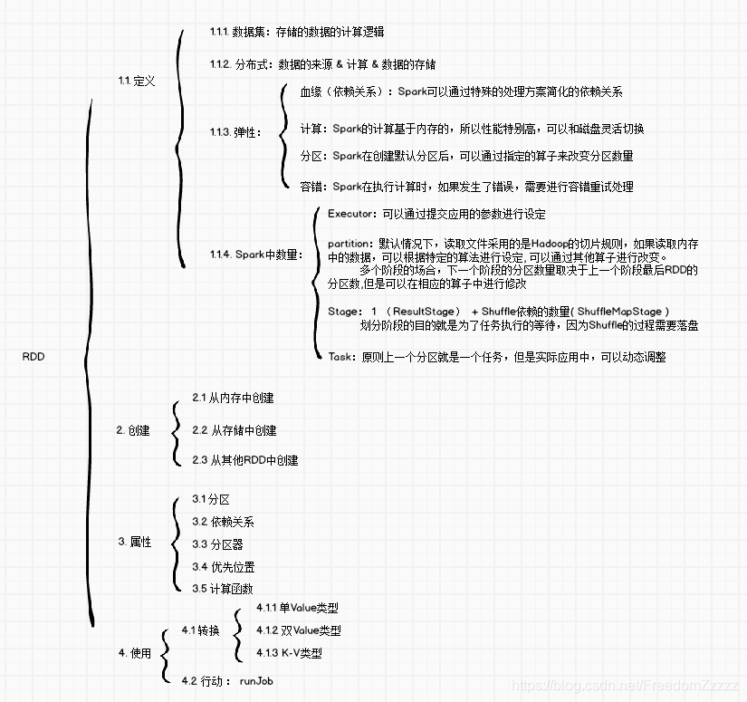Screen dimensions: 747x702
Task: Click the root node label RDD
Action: (33, 357)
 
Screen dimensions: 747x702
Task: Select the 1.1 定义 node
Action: (137, 81)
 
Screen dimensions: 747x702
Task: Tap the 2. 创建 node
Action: (133, 430)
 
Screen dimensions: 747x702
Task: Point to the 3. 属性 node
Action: (134, 542)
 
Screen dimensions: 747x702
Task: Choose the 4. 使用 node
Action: (134, 653)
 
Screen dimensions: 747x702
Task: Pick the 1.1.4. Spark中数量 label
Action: (254, 255)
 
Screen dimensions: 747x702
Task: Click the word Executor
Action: (350, 215)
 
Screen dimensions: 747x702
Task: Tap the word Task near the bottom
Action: (340, 357)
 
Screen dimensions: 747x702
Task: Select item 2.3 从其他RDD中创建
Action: (244, 460)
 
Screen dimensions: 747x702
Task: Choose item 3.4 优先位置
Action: (223, 567)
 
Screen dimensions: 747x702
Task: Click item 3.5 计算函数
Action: (223, 589)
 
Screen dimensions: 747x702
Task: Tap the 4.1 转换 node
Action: (200, 630)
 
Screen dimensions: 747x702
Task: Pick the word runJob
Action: (257, 680)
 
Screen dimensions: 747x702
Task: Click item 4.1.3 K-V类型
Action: (289, 653)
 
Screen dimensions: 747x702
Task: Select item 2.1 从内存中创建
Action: (233, 398)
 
